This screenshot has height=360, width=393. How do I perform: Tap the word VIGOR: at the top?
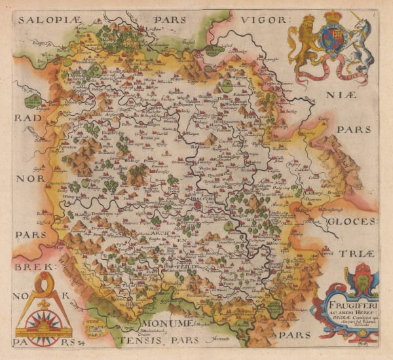point(261,20)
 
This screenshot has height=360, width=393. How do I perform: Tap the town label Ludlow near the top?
point(155,29)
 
